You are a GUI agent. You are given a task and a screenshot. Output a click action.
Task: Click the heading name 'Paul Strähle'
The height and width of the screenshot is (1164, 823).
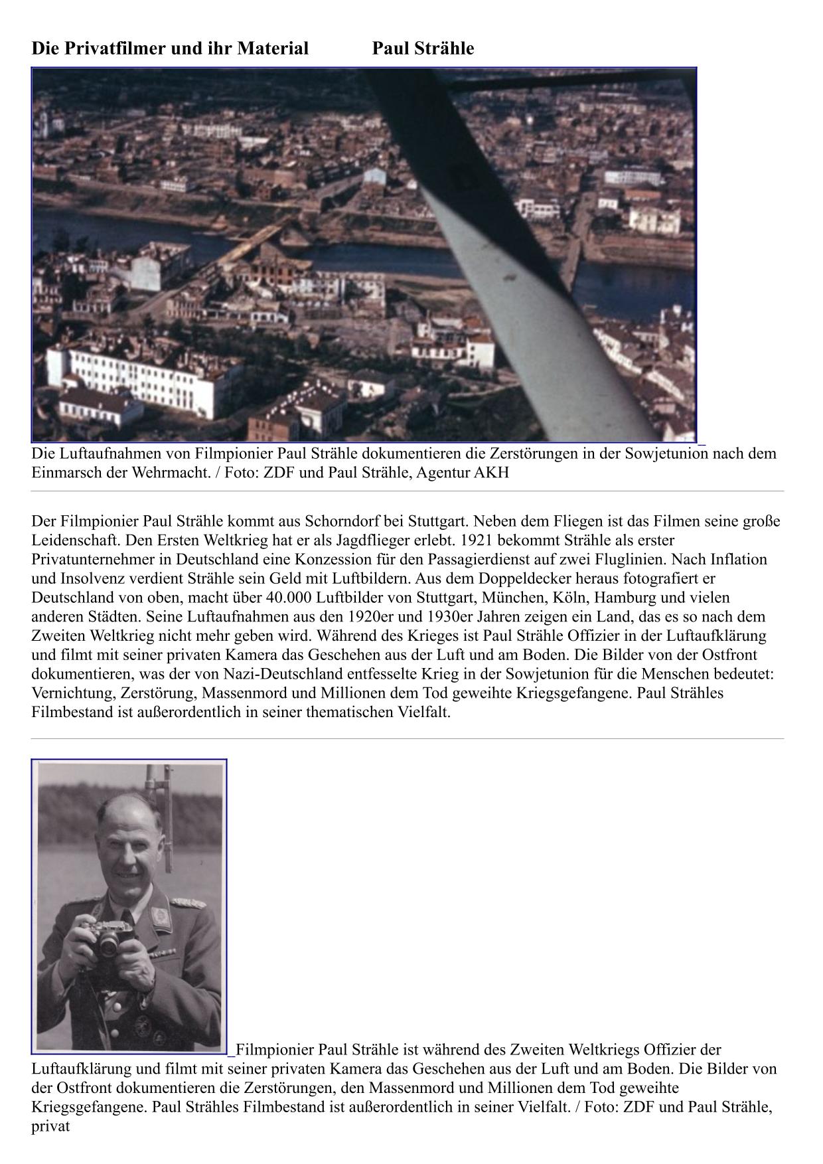tap(423, 48)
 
